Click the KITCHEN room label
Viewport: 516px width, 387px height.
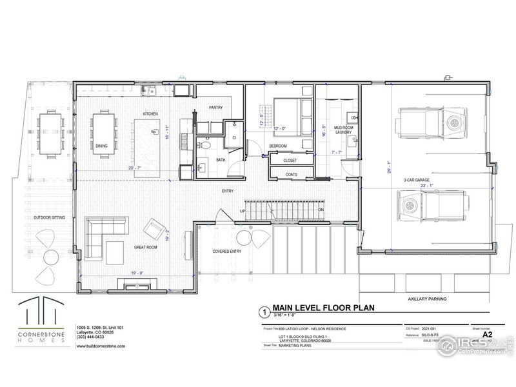(150, 114)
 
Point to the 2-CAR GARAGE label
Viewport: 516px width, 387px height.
(417, 180)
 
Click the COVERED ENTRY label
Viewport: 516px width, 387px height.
(227, 252)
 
